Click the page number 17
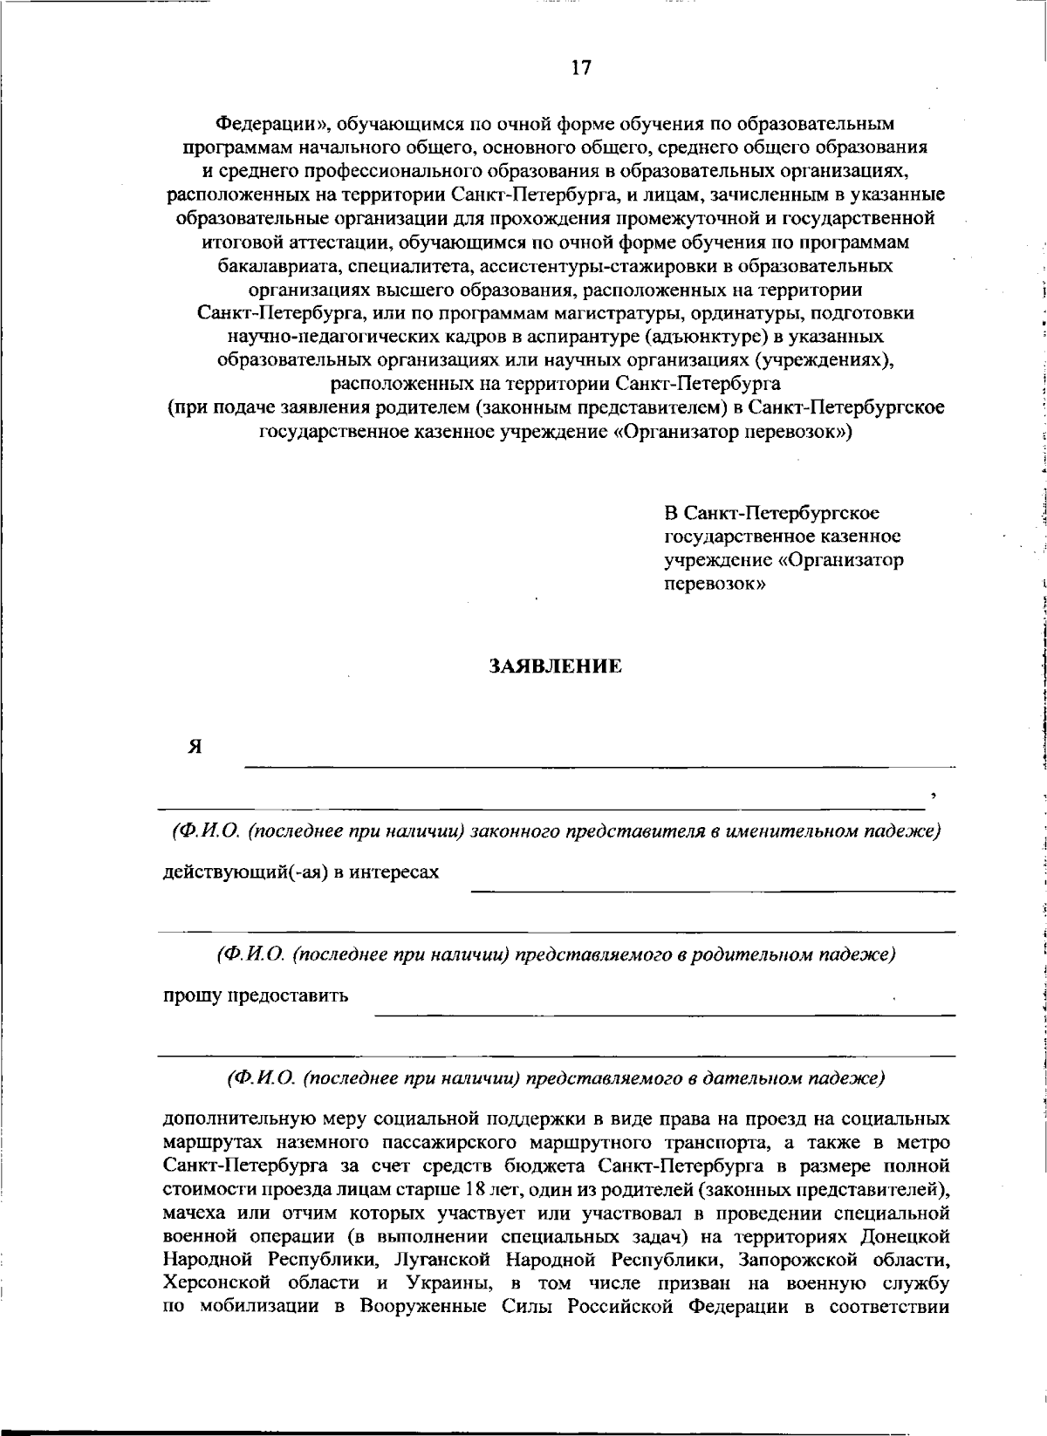coord(581,68)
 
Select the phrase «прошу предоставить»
coord(257,995)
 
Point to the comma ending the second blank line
coord(934,795)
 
